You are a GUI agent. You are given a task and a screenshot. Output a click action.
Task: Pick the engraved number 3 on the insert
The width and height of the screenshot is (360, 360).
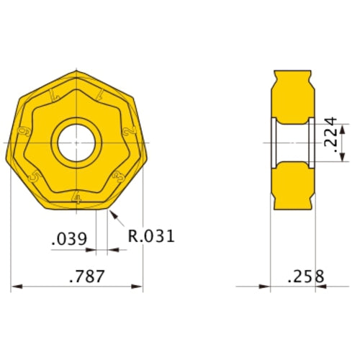point(118,175)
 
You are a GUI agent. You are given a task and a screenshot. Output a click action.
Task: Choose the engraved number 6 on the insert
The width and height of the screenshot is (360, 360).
point(24,132)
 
